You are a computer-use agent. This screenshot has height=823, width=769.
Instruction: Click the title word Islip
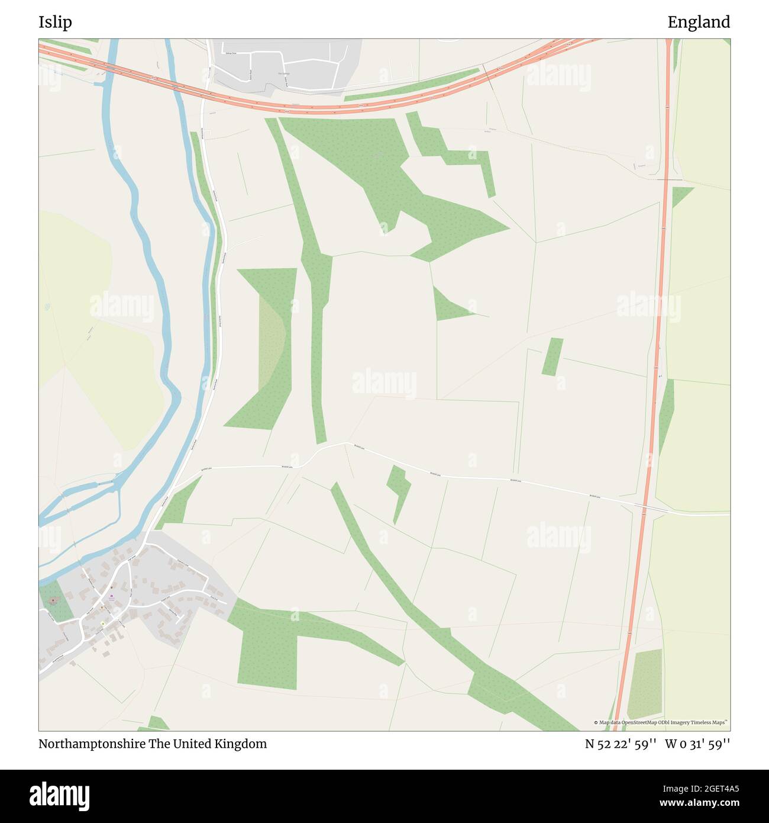(x=55, y=22)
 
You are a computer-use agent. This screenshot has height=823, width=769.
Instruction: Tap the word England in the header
(x=699, y=22)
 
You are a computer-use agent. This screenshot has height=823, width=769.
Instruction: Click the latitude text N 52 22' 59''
(x=621, y=744)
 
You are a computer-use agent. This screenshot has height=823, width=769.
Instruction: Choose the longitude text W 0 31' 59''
(x=697, y=744)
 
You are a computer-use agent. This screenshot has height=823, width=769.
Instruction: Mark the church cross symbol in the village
(x=53, y=601)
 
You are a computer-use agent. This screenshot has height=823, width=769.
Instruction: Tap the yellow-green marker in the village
(x=102, y=623)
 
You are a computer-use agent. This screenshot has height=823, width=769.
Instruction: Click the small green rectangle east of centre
(x=552, y=356)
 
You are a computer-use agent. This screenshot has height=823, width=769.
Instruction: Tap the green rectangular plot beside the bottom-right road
(x=645, y=684)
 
